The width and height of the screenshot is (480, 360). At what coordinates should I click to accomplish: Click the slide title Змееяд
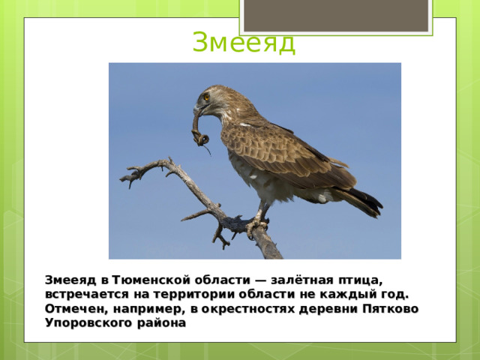pyautogui.click(x=244, y=43)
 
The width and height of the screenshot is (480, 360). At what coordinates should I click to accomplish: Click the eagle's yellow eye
pyautogui.click(x=206, y=97)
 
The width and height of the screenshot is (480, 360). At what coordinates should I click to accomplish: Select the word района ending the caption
pyautogui.click(x=160, y=323)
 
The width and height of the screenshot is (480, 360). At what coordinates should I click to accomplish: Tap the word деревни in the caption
pyautogui.click(x=333, y=308)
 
